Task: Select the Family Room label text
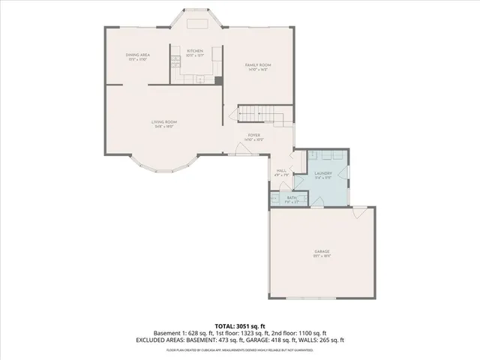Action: tap(259, 65)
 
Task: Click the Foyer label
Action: tap(254, 136)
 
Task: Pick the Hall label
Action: tap(282, 170)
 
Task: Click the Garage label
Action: tap(322, 251)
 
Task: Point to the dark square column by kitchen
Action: tap(218, 80)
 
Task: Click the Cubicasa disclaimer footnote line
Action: tap(240, 349)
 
